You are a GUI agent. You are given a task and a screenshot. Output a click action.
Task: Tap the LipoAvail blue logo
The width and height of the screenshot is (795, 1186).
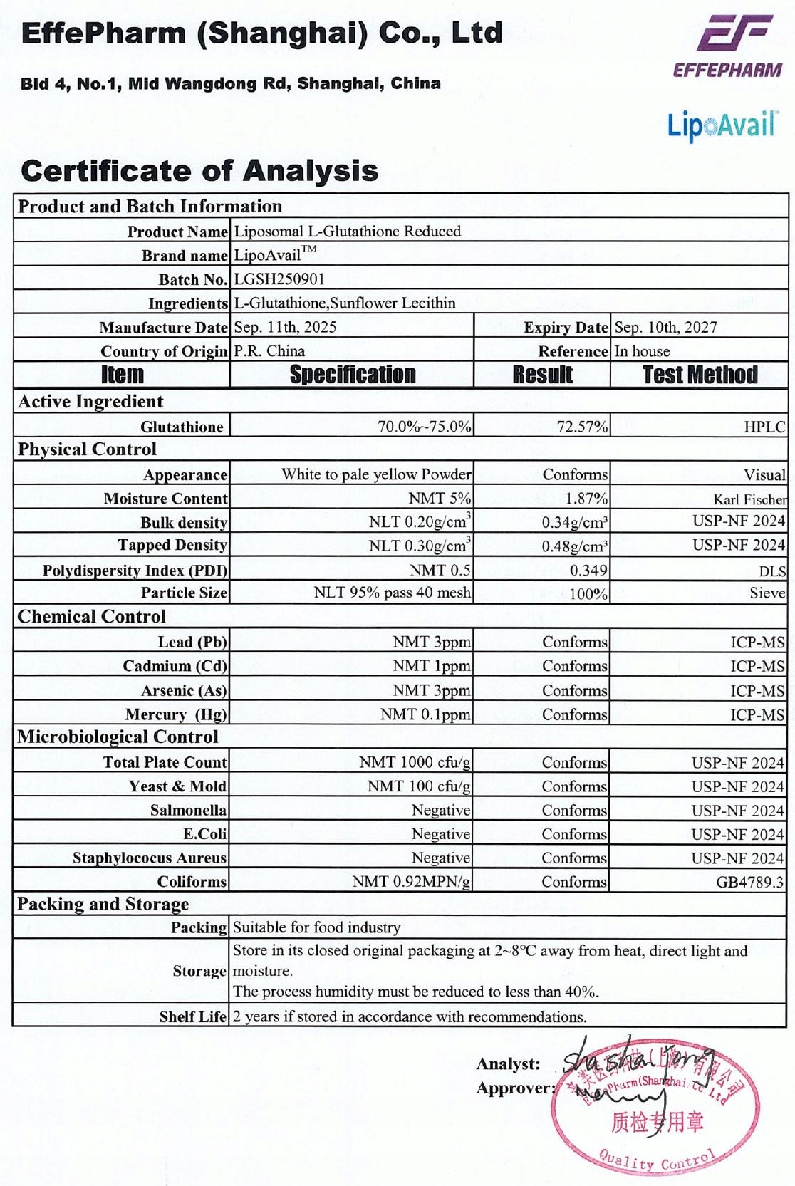pyautogui.click(x=722, y=125)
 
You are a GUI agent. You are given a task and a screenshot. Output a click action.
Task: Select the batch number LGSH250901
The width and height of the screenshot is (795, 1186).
pyautogui.click(x=279, y=279)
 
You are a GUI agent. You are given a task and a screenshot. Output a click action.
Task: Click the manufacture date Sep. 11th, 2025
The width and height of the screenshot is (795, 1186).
pyautogui.click(x=285, y=327)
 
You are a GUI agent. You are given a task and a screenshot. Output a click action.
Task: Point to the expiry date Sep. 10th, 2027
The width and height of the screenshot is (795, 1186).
pyautogui.click(x=665, y=327)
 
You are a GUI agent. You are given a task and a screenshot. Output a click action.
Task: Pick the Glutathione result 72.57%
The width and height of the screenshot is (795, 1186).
pyautogui.click(x=582, y=427)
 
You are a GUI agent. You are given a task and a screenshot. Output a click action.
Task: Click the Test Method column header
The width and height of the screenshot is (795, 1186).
pyautogui.click(x=700, y=375)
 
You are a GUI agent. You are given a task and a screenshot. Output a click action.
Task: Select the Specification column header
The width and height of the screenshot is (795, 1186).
pyautogui.click(x=352, y=375)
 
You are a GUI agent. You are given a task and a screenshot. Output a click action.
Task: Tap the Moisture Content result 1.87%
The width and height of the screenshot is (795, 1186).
pyautogui.click(x=586, y=499)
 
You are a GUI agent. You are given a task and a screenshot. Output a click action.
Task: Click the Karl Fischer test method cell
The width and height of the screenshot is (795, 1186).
pyautogui.click(x=749, y=499)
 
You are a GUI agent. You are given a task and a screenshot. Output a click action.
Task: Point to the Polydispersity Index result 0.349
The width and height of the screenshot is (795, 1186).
pyautogui.click(x=588, y=571)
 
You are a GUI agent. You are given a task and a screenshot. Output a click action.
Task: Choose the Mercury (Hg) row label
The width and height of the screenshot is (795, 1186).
pyautogui.click(x=175, y=714)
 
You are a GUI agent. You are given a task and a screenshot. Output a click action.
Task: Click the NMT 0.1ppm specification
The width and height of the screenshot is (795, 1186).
pyautogui.click(x=425, y=714)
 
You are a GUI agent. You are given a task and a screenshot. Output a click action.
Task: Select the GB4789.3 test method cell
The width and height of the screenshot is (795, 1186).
pyautogui.click(x=749, y=882)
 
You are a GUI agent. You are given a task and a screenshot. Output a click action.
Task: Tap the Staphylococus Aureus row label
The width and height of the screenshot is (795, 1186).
pyautogui.click(x=149, y=858)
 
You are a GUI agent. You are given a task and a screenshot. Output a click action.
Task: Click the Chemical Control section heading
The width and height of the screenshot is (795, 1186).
pyautogui.click(x=91, y=617)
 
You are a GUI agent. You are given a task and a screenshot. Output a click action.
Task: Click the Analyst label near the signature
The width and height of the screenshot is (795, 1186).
pyautogui.click(x=508, y=1063)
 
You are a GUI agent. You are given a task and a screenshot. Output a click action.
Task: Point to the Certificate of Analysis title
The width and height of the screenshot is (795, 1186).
pyautogui.click(x=199, y=171)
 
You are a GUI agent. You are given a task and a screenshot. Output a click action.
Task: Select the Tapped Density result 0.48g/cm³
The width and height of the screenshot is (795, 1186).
pyautogui.click(x=574, y=546)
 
